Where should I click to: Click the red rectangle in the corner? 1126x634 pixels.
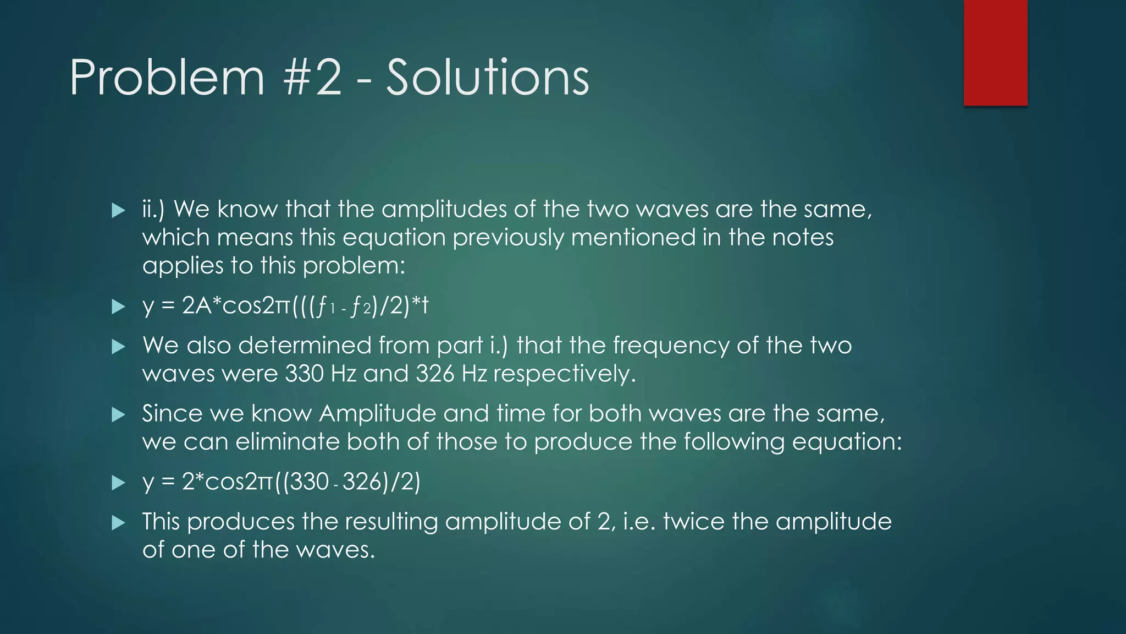pyautogui.click(x=995, y=52)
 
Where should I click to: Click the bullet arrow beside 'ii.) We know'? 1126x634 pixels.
pyautogui.click(x=118, y=210)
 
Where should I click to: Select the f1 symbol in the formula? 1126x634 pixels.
pyautogui.click(x=326, y=306)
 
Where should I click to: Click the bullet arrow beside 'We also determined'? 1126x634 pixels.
pyautogui.click(x=118, y=347)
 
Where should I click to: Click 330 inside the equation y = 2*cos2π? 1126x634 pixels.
pyautogui.click(x=309, y=482)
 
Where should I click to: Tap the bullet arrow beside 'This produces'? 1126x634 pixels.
pyautogui.click(x=118, y=523)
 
